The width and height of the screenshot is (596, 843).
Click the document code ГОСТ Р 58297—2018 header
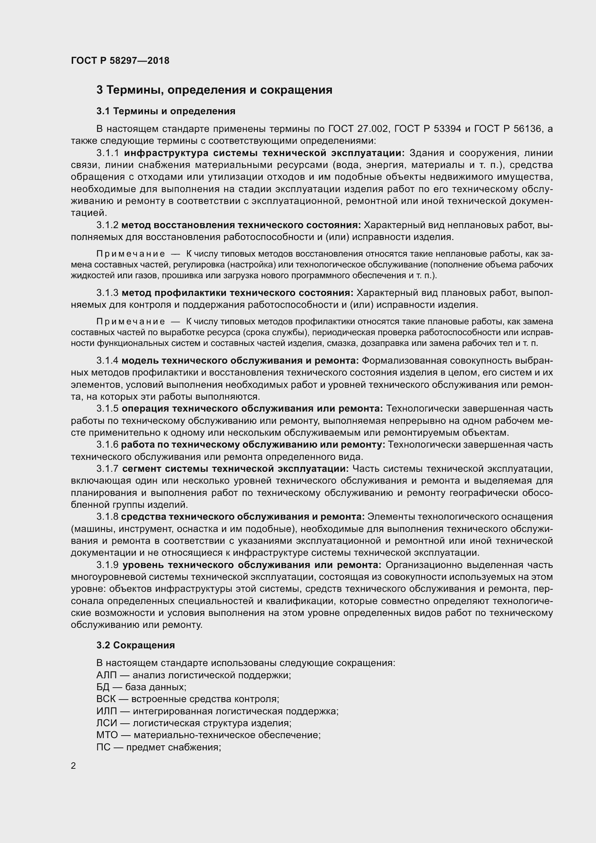(120, 61)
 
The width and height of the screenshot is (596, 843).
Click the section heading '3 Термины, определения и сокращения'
(214, 90)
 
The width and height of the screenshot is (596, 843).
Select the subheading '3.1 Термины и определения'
(166, 111)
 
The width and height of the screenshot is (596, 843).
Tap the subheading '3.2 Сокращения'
(135, 645)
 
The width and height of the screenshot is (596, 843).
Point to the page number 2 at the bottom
(74, 766)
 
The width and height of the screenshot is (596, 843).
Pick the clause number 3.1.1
(108, 153)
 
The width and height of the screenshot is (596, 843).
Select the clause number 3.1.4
(107, 361)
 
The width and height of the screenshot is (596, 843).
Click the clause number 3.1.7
(107, 469)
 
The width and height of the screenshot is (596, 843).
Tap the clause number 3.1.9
(107, 565)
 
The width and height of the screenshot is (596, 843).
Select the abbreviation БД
(103, 687)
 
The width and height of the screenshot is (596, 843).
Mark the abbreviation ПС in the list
(103, 747)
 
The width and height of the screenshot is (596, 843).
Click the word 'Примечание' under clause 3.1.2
(131, 254)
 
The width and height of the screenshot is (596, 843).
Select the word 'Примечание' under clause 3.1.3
(131, 322)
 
